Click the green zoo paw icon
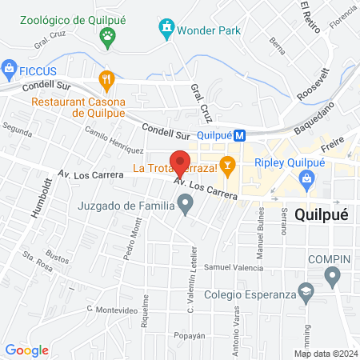click(108, 35)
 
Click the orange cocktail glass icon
click(228, 167)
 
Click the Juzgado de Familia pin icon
click(186, 206)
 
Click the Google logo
click(27, 350)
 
